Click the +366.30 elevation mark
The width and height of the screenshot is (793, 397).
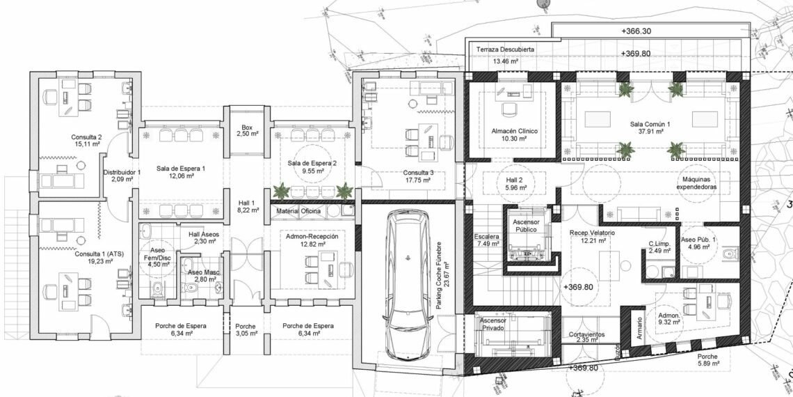click(636, 31)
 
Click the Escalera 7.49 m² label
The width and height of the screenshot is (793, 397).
click(487, 240)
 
